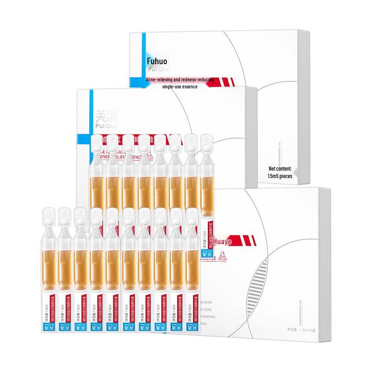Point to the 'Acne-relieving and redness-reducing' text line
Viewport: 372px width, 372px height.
(179, 80)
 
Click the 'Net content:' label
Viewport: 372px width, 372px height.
(280, 168)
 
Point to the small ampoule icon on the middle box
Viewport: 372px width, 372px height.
(279, 151)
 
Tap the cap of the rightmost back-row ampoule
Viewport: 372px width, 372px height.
(206, 142)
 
